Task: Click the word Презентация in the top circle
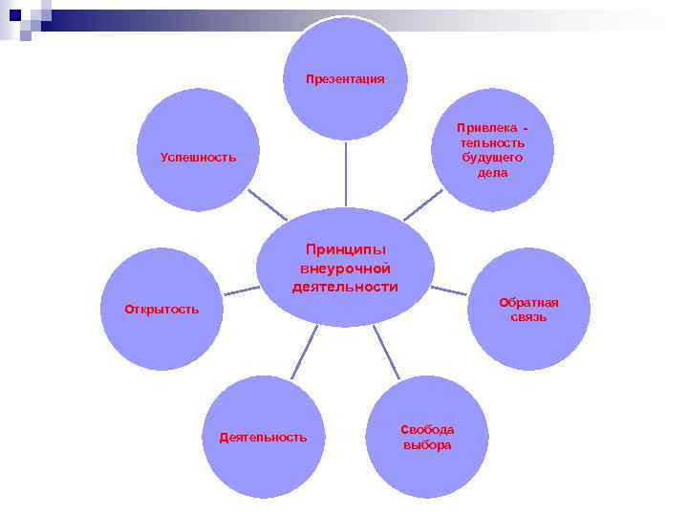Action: [x=345, y=79]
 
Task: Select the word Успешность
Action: [x=198, y=157]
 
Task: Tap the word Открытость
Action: [x=161, y=310]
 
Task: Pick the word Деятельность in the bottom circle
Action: [x=263, y=438]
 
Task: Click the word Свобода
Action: [x=427, y=430]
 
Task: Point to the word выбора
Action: [x=427, y=445]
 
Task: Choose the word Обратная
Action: [x=528, y=303]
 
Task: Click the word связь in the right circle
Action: [x=528, y=317]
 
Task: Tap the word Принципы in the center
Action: [x=345, y=249]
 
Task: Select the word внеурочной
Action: [x=345, y=269]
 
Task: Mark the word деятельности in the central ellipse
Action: [x=345, y=287]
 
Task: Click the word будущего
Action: [x=491, y=158]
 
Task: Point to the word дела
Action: [x=492, y=173]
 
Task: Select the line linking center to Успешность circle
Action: [x=267, y=204]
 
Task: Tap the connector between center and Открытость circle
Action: [x=241, y=290]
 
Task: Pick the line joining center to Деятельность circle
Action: [x=304, y=352]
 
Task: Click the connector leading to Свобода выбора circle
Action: [x=386, y=352]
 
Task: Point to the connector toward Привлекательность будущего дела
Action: [x=422, y=204]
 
